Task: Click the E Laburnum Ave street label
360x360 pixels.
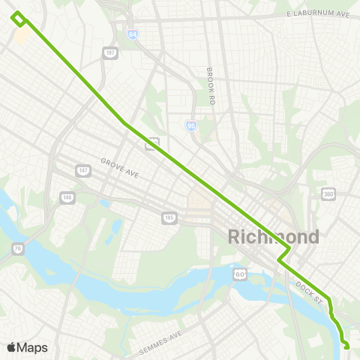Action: [x=318, y=14]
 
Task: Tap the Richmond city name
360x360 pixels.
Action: [x=273, y=237]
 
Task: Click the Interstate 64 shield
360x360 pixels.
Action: [x=132, y=34]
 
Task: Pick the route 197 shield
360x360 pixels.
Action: [x=111, y=52]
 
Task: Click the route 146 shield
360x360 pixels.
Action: [x=67, y=198]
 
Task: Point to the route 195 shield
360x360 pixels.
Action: [x=169, y=217]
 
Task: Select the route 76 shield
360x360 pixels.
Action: [x=18, y=248]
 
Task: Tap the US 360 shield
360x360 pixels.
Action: [x=328, y=194]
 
